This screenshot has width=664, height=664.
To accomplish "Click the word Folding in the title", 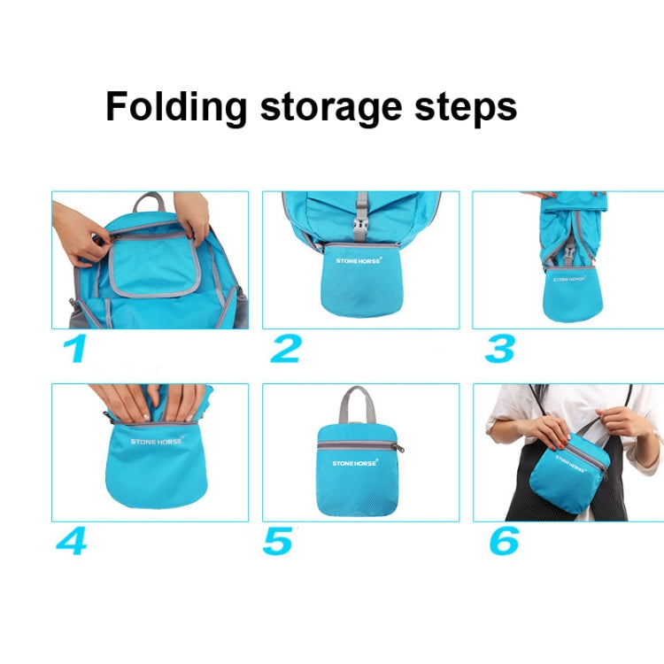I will click(x=176, y=108).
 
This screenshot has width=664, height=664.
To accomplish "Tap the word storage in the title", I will click(x=334, y=108).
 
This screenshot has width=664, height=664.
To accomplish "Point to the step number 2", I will click(x=285, y=349).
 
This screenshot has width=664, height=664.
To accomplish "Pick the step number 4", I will click(x=71, y=541).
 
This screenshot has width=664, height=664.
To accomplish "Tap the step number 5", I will click(x=277, y=541).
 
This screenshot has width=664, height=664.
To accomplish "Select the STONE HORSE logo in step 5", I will click(x=355, y=462).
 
